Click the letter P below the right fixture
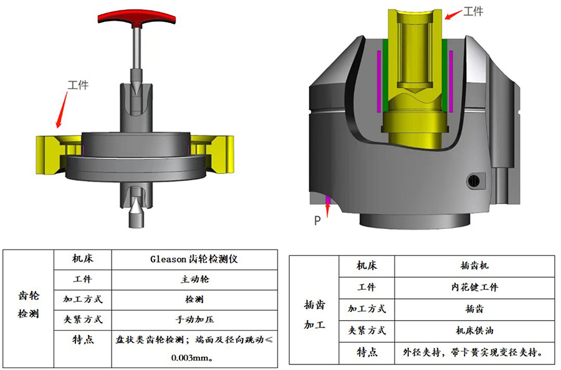click(317, 221)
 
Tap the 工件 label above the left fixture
click(78, 85)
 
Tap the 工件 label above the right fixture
click(473, 11)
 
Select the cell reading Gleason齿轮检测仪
click(194, 259)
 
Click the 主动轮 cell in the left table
click(194, 279)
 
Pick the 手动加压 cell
click(194, 319)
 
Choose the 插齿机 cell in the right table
click(474, 265)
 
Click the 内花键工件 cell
click(474, 287)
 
